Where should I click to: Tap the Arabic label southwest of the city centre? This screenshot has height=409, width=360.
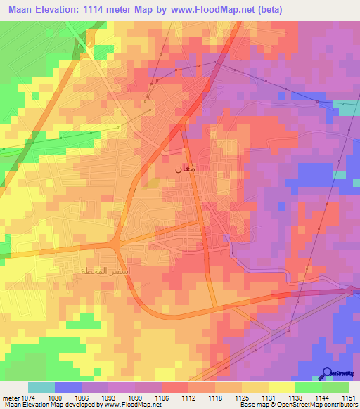tap(96, 271)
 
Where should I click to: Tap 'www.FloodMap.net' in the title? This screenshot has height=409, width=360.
tap(217, 8)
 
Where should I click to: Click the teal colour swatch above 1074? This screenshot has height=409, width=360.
tap(41, 387)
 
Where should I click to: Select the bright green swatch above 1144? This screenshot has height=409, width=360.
tap(308, 387)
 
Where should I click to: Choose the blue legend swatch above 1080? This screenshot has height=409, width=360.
tap(68, 387)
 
